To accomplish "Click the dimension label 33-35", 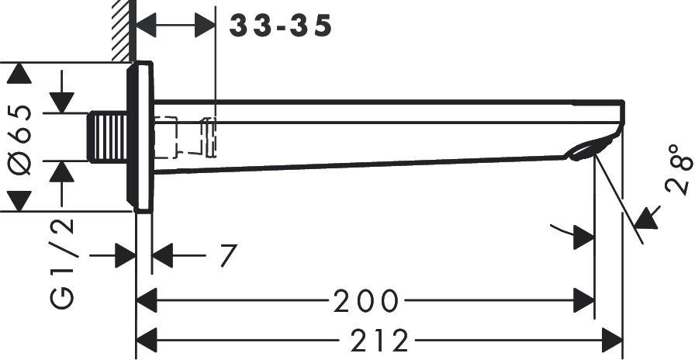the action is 280,26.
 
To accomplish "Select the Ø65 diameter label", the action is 21,140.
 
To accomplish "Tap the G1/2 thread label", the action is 61,263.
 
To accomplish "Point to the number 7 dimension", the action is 229,255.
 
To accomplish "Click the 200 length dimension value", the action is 366,300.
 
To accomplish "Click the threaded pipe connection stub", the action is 108,137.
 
